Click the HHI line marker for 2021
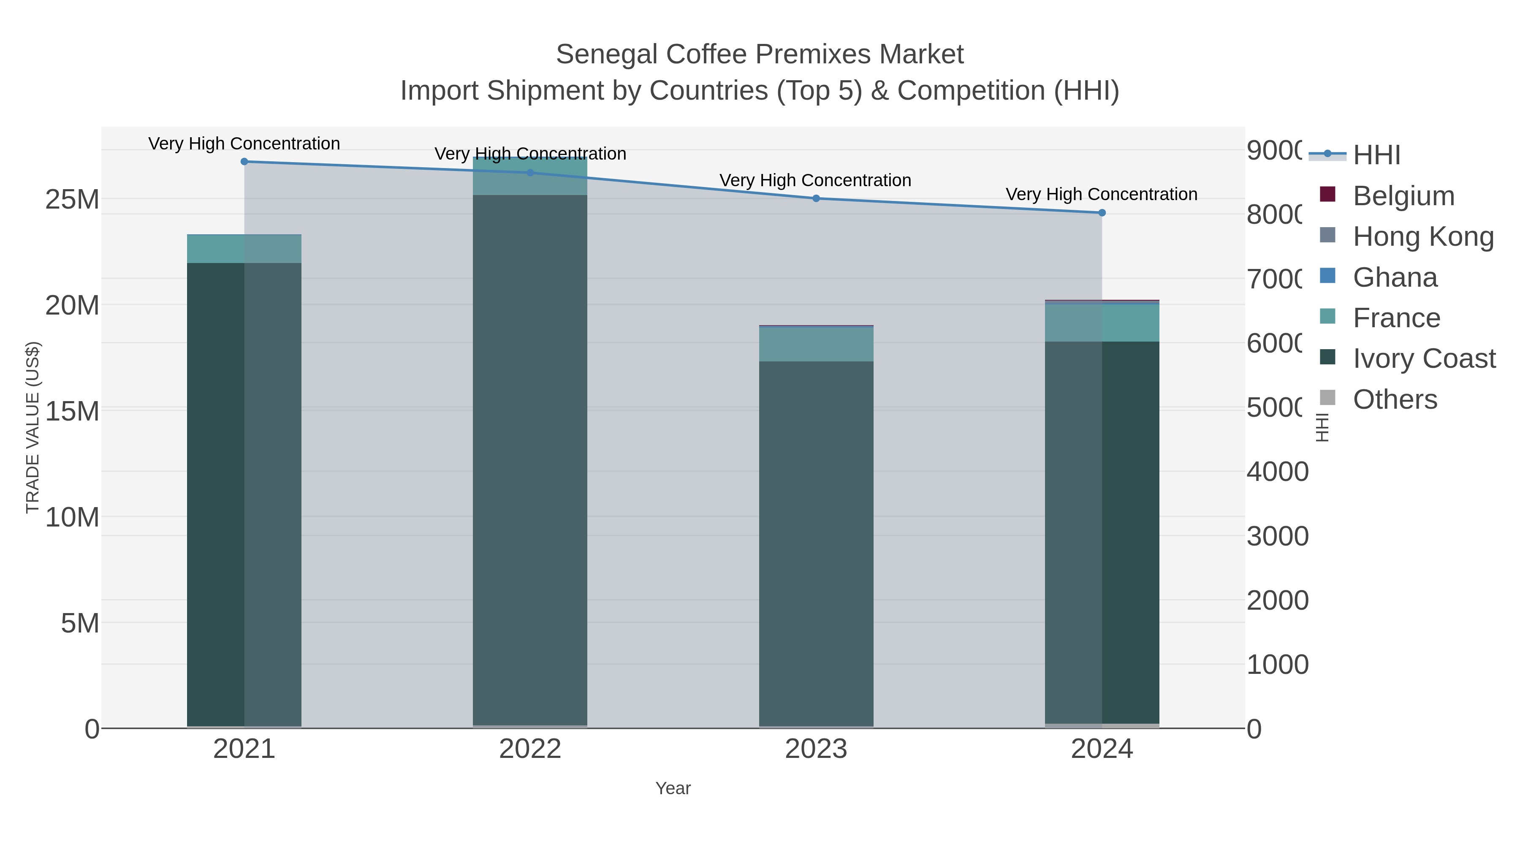(244, 162)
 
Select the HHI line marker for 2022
(530, 173)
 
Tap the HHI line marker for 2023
(816, 198)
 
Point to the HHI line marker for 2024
(1102, 213)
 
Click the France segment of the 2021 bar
(244, 249)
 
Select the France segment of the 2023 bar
(816, 344)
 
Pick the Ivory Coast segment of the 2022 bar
(530, 460)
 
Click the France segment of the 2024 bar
(1102, 323)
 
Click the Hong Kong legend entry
(1422, 236)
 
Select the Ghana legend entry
(1395, 277)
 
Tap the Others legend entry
(1395, 399)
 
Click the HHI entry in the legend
(1376, 155)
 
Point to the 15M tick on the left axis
(72, 411)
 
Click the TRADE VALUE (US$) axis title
(33, 427)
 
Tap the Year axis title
(673, 788)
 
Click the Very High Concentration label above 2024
(1101, 194)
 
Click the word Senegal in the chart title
(607, 54)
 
